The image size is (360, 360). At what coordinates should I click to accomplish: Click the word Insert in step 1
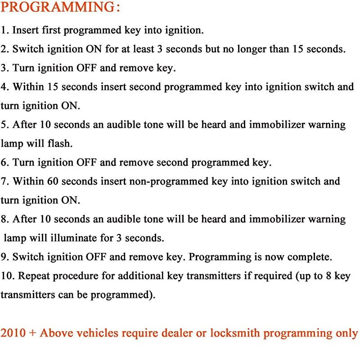(25, 30)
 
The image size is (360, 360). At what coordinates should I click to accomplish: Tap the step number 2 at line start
(4, 49)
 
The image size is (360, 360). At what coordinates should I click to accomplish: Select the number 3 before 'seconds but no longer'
(160, 49)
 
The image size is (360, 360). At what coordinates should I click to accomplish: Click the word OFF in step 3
(86, 68)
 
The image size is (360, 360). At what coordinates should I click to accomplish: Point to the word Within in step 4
(28, 87)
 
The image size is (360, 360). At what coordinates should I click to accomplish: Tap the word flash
(60, 143)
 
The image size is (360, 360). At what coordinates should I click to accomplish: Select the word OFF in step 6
(86, 162)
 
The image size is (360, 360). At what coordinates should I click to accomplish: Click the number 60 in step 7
(53, 181)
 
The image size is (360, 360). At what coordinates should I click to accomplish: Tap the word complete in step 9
(310, 257)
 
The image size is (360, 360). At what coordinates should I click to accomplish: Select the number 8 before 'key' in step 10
(328, 276)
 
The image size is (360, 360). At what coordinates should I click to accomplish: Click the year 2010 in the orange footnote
(13, 333)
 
